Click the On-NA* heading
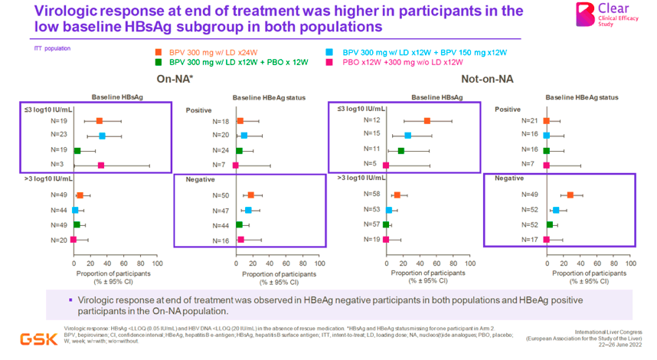pos(175,79)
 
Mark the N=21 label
pos(529,121)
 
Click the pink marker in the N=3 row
pos(100,165)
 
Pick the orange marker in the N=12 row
pos(427,121)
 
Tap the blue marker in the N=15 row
pos(408,136)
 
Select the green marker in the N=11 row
pos(401,150)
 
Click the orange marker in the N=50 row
pos(250,195)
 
